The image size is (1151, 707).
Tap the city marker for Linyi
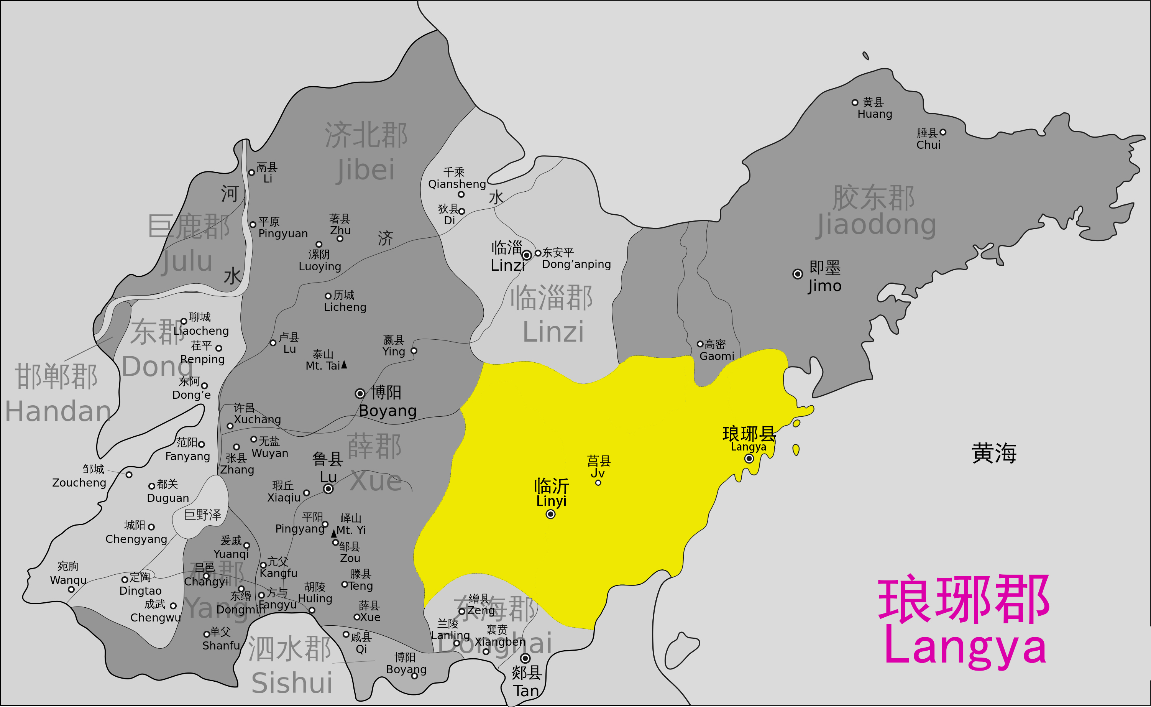coord(550,515)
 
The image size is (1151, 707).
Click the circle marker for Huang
coord(855,102)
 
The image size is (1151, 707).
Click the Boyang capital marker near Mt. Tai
coord(360,394)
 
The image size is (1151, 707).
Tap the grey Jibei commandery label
coord(366,152)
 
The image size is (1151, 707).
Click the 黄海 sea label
coord(994,453)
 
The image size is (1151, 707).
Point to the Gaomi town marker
coord(700,344)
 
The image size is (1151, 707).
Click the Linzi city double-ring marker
coord(527,255)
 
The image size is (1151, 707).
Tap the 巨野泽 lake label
coord(202,515)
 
